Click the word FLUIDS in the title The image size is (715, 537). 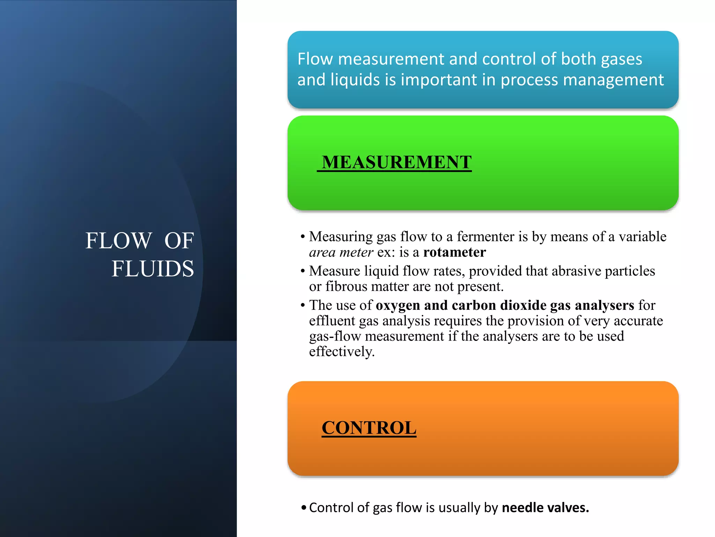153,269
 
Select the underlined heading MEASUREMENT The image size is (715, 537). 397,162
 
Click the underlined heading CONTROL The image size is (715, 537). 369,428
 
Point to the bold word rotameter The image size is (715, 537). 454,252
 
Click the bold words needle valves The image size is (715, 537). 545,508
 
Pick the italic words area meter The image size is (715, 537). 341,252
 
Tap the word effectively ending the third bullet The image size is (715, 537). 341,351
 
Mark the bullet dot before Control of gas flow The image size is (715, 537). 304,508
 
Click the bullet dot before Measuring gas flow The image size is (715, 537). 303,237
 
